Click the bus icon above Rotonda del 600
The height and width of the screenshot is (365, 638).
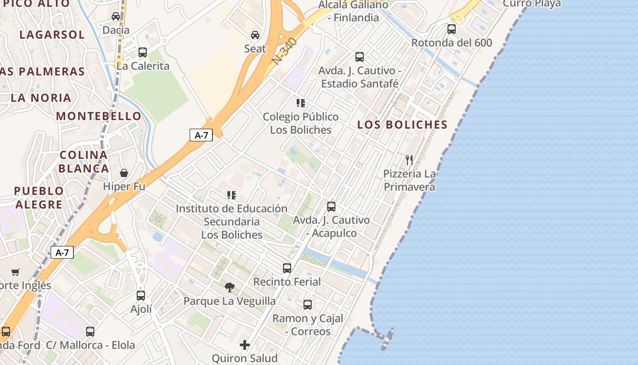pos(452,29)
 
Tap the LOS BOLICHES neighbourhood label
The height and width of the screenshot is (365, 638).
pos(402,125)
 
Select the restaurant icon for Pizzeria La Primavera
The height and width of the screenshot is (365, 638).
pos(409,160)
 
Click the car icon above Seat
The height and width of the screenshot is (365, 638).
pos(255,35)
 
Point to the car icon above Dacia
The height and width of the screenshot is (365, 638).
pos(116,16)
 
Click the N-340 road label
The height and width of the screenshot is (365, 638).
pos(285,51)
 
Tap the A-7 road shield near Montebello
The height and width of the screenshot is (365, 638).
pos(201,135)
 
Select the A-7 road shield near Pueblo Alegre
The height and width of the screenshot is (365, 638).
pos(62,252)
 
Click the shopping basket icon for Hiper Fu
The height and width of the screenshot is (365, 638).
pos(124,173)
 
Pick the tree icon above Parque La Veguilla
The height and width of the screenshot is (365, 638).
pos(230,287)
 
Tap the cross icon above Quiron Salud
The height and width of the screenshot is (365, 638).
pos(245,345)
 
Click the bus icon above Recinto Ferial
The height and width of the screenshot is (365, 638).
pos(287,268)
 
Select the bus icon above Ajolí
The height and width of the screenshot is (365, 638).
pos(141,296)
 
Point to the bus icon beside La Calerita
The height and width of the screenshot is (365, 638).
pos(143,52)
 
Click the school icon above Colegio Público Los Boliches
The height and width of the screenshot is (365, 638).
pos(300,103)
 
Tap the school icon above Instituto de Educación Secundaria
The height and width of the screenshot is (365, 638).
pos(232,195)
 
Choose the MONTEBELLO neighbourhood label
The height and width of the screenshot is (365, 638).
pos(99,116)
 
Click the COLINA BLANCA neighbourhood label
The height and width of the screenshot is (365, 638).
pos(84,162)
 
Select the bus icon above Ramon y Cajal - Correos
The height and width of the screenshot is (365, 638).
pos(308,305)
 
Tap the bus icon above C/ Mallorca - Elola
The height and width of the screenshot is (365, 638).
pos(90,332)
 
